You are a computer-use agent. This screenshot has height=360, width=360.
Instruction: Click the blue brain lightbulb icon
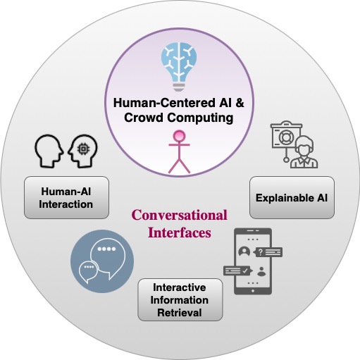[x=179, y=67]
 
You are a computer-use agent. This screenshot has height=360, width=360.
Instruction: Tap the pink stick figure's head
[x=179, y=136]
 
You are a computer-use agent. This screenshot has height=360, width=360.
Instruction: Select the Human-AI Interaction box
[x=66, y=197]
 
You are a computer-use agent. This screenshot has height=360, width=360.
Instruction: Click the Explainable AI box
[x=292, y=197]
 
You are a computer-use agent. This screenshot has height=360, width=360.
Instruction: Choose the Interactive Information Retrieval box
[x=180, y=299]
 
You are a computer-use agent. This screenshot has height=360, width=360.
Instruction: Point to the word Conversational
[x=180, y=215]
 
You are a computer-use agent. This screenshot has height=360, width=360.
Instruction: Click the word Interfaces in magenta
[x=180, y=232]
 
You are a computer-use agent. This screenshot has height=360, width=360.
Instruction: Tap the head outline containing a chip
[x=82, y=151]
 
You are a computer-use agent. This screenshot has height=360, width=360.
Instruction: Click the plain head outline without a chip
[x=49, y=151]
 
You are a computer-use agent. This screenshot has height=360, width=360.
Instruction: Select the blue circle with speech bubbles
[x=102, y=261]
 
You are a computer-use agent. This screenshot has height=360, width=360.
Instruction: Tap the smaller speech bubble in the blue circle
[x=88, y=271]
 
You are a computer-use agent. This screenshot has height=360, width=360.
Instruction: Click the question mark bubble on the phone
[x=268, y=252]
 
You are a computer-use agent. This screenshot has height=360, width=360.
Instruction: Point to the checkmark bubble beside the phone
[x=238, y=271]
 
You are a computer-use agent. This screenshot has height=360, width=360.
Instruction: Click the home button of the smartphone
[x=253, y=291]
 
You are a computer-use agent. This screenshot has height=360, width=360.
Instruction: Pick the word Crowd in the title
[x=144, y=118]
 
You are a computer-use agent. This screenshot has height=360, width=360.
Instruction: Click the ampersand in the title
[x=240, y=103]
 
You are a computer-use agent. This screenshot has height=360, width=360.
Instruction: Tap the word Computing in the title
[x=200, y=118]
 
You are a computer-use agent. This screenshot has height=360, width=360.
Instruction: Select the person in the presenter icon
[x=304, y=152]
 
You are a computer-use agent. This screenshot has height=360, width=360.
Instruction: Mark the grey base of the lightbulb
[x=179, y=87]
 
